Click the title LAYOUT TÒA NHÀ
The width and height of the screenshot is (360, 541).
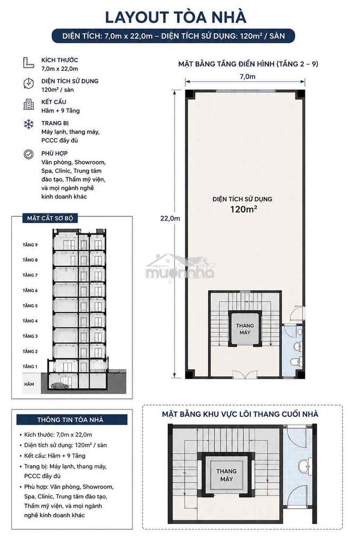pos(176,17)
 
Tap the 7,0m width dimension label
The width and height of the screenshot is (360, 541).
pos(248,77)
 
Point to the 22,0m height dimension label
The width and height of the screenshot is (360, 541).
pos(170,218)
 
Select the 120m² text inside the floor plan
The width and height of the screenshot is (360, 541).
pos(244,209)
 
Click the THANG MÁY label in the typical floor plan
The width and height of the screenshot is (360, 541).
pos(245,329)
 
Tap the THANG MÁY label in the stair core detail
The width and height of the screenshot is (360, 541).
pos(226,475)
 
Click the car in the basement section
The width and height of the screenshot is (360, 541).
pos(60,385)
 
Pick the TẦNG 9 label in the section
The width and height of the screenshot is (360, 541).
pos(30,245)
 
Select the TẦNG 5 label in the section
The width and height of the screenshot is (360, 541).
pos(30,306)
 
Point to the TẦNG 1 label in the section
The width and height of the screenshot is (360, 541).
pos(30,367)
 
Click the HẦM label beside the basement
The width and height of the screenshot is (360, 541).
pos(30,384)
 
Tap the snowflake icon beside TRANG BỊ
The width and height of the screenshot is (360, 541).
pos(29,124)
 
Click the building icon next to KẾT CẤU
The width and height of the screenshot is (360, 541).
pos(29,104)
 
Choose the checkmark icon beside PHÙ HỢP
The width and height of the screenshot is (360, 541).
pos(29,154)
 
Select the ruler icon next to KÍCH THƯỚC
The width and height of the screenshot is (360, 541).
pos(29,62)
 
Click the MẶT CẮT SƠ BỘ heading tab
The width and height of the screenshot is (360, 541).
pos(50,218)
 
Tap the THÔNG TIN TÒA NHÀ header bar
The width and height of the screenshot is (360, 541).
pos(70,419)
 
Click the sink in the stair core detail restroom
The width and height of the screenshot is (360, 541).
pos(303,466)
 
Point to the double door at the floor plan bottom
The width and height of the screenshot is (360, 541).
pos(244,375)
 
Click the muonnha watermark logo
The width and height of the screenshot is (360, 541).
pos(180,268)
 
